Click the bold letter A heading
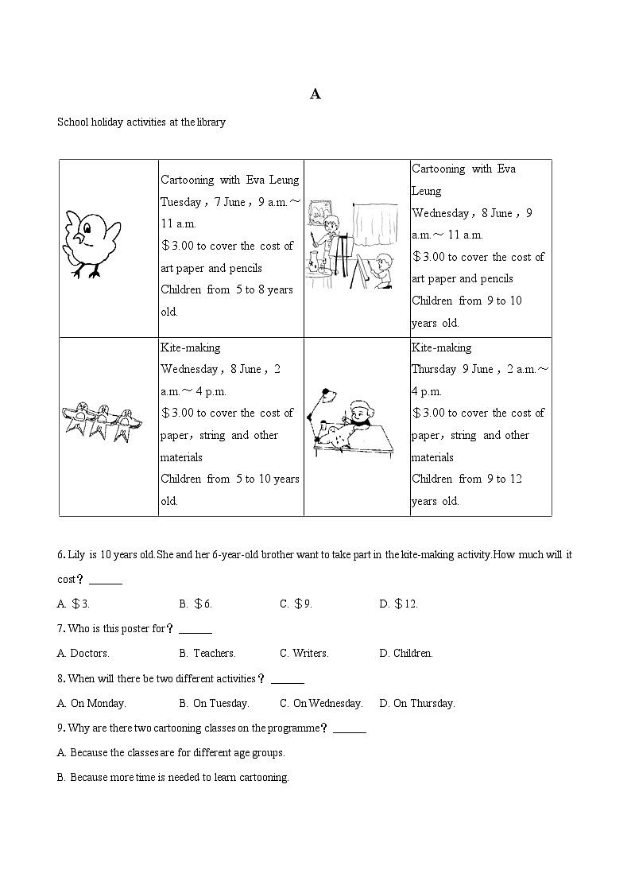315,94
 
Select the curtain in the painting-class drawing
375,227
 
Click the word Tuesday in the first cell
182,202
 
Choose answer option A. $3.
73,604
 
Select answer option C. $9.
296,604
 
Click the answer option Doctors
83,654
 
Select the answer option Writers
304,654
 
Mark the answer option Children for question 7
407,654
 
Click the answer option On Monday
92,704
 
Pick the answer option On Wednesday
322,704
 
